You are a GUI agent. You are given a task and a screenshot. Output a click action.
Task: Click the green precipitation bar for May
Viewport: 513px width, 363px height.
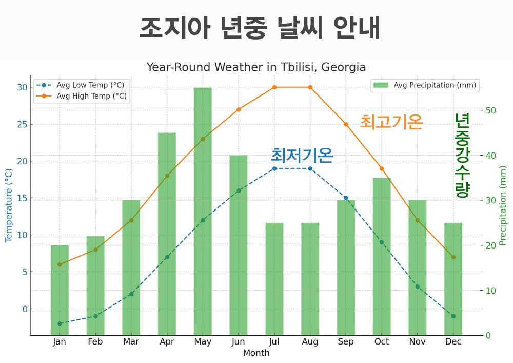click(203, 211)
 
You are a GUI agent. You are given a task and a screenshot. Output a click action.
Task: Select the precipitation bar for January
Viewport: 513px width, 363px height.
click(60, 290)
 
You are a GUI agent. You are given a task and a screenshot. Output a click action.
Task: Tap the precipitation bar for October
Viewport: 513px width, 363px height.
click(382, 257)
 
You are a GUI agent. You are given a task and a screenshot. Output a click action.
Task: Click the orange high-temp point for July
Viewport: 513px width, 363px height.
click(274, 87)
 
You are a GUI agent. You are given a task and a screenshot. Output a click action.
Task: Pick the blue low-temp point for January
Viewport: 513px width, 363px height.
click(60, 323)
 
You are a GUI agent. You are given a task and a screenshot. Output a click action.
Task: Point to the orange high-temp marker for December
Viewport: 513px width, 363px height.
click(453, 257)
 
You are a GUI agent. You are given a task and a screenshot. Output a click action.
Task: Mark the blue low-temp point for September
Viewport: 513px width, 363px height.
click(346, 198)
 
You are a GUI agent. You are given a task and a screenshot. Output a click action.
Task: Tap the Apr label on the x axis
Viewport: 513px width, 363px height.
click(167, 342)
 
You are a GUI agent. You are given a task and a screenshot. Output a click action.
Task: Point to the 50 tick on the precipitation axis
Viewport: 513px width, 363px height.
click(491, 110)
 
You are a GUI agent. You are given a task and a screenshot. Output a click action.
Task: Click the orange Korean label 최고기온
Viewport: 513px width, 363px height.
click(391, 122)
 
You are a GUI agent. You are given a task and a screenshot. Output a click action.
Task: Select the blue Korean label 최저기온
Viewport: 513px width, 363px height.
click(302, 155)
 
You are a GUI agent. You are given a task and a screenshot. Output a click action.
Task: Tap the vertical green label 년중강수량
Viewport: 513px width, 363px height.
click(462, 156)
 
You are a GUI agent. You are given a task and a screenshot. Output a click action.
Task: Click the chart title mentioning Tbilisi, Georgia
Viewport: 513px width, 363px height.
click(256, 67)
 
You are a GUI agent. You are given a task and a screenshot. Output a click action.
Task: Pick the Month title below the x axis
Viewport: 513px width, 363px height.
click(256, 353)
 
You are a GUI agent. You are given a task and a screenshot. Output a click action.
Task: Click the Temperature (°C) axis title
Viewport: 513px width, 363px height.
click(9, 205)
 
